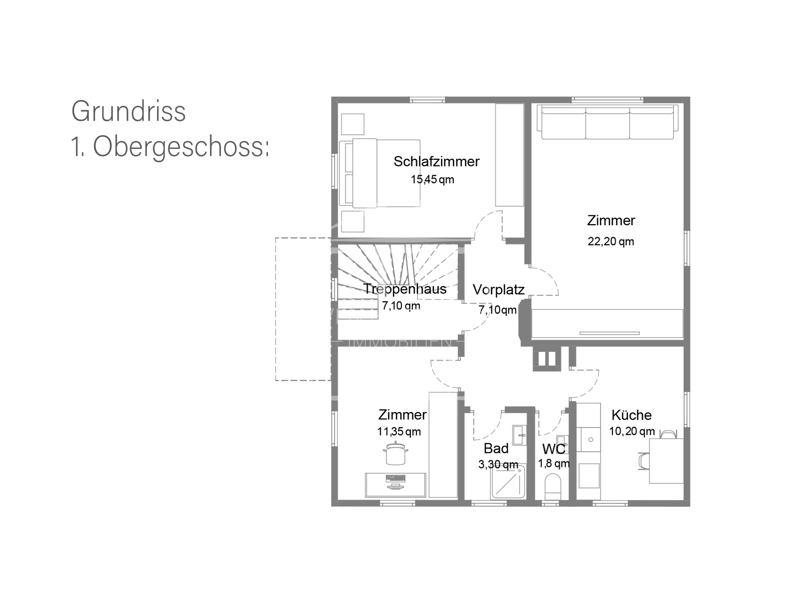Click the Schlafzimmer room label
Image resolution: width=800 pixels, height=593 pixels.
point(436,162)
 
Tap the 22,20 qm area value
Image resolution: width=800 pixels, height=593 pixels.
point(611,241)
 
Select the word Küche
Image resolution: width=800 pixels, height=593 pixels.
point(631,415)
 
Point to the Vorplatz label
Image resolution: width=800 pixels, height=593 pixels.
point(498,289)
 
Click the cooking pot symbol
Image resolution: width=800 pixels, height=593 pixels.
point(395,454)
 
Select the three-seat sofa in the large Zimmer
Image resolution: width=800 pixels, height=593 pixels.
point(607,123)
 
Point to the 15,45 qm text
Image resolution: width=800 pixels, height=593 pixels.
point(432,179)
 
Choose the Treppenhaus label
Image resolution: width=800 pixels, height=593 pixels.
point(405,289)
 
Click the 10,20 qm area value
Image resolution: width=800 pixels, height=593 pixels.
point(632,431)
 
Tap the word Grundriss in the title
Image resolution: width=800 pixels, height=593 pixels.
point(128,111)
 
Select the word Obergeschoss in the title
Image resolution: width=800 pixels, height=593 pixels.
point(180,147)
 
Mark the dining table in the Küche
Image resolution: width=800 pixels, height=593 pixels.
point(666,460)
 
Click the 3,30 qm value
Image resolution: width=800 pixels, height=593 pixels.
point(498,465)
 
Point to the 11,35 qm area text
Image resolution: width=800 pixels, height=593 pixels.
point(399,431)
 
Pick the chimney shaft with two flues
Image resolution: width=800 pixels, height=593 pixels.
point(546,358)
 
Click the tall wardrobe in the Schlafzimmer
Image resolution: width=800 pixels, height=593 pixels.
point(509,155)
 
